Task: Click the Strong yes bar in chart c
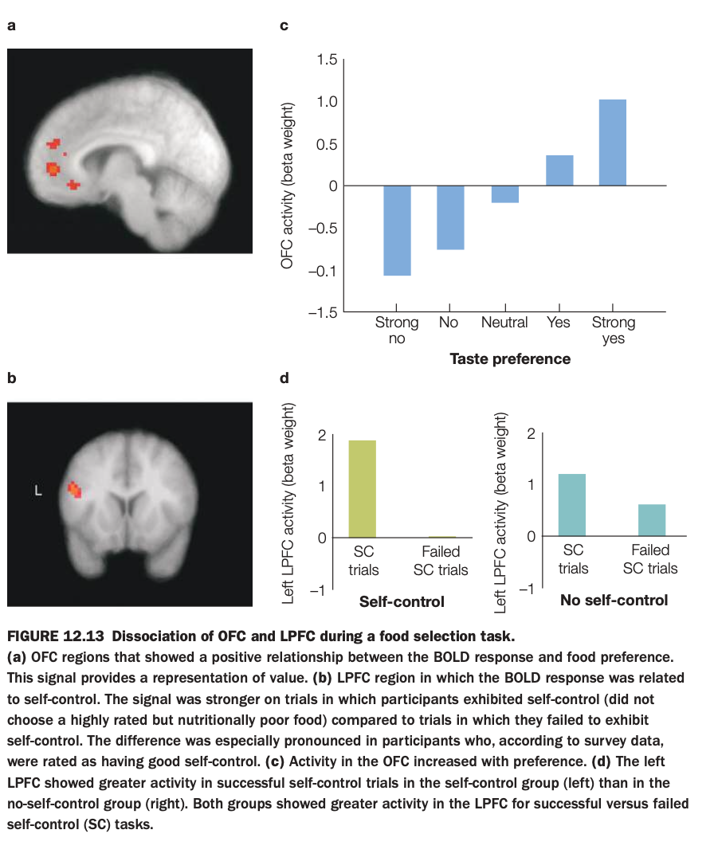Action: pyautogui.click(x=613, y=143)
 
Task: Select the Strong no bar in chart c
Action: pyautogui.click(x=398, y=230)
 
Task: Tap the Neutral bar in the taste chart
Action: pyautogui.click(x=505, y=194)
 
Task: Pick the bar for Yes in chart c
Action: pyautogui.click(x=559, y=170)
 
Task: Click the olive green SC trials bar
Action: pyautogui.click(x=363, y=489)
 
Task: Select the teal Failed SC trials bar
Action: pyautogui.click(x=652, y=520)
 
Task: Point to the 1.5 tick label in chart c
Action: pyautogui.click(x=327, y=60)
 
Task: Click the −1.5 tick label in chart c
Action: pyautogui.click(x=324, y=312)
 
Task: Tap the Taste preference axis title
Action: pyautogui.click(x=510, y=359)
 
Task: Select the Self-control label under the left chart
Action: pyautogui.click(x=402, y=601)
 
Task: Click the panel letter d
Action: pyautogui.click(x=284, y=380)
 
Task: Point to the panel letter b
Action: pyautogui.click(x=11, y=380)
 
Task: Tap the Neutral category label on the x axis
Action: pyautogui.click(x=504, y=323)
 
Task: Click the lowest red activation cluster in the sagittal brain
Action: pyautogui.click(x=73, y=185)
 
